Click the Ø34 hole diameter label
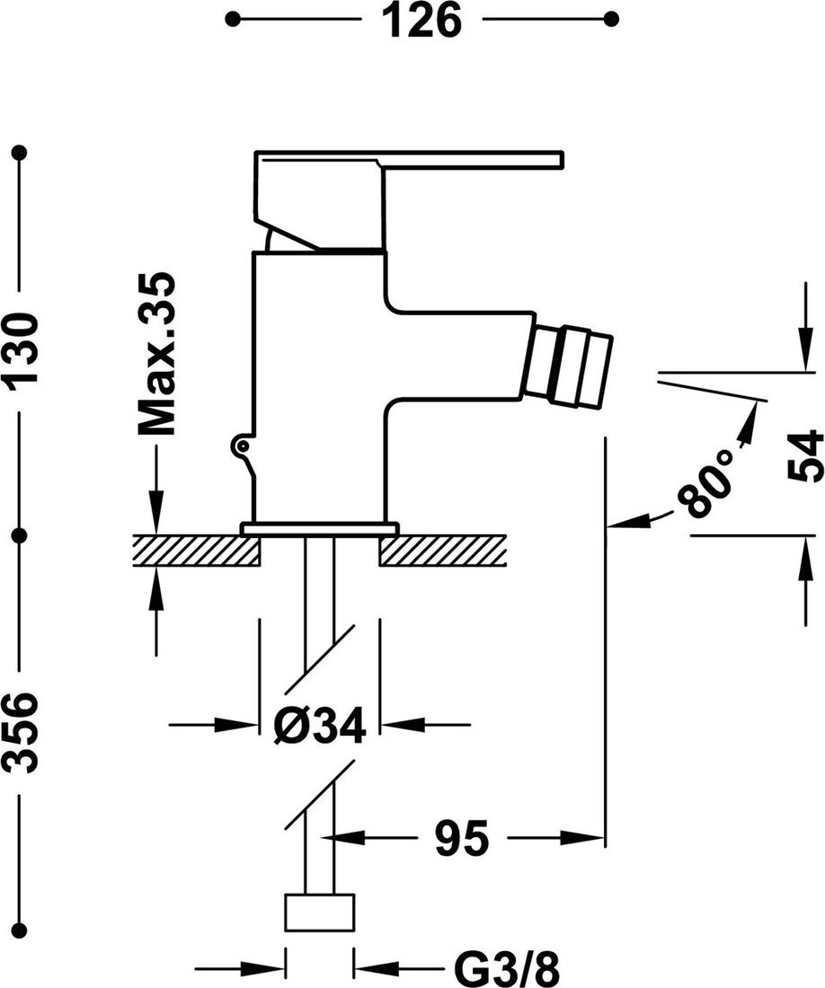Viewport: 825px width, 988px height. pos(320,726)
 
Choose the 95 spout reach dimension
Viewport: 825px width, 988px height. pos(462,839)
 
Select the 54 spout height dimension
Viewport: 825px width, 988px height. pos(804,455)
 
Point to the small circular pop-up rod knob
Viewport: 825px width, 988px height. pos(240,445)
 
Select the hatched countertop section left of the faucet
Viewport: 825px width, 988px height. pos(196,550)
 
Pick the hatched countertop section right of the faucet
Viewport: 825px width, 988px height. pos(443,550)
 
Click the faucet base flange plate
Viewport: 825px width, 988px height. pos(319,529)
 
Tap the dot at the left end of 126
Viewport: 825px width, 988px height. pos(233,19)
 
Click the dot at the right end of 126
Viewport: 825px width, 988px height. pos(612,19)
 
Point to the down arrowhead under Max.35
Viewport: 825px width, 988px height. pos(157,521)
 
